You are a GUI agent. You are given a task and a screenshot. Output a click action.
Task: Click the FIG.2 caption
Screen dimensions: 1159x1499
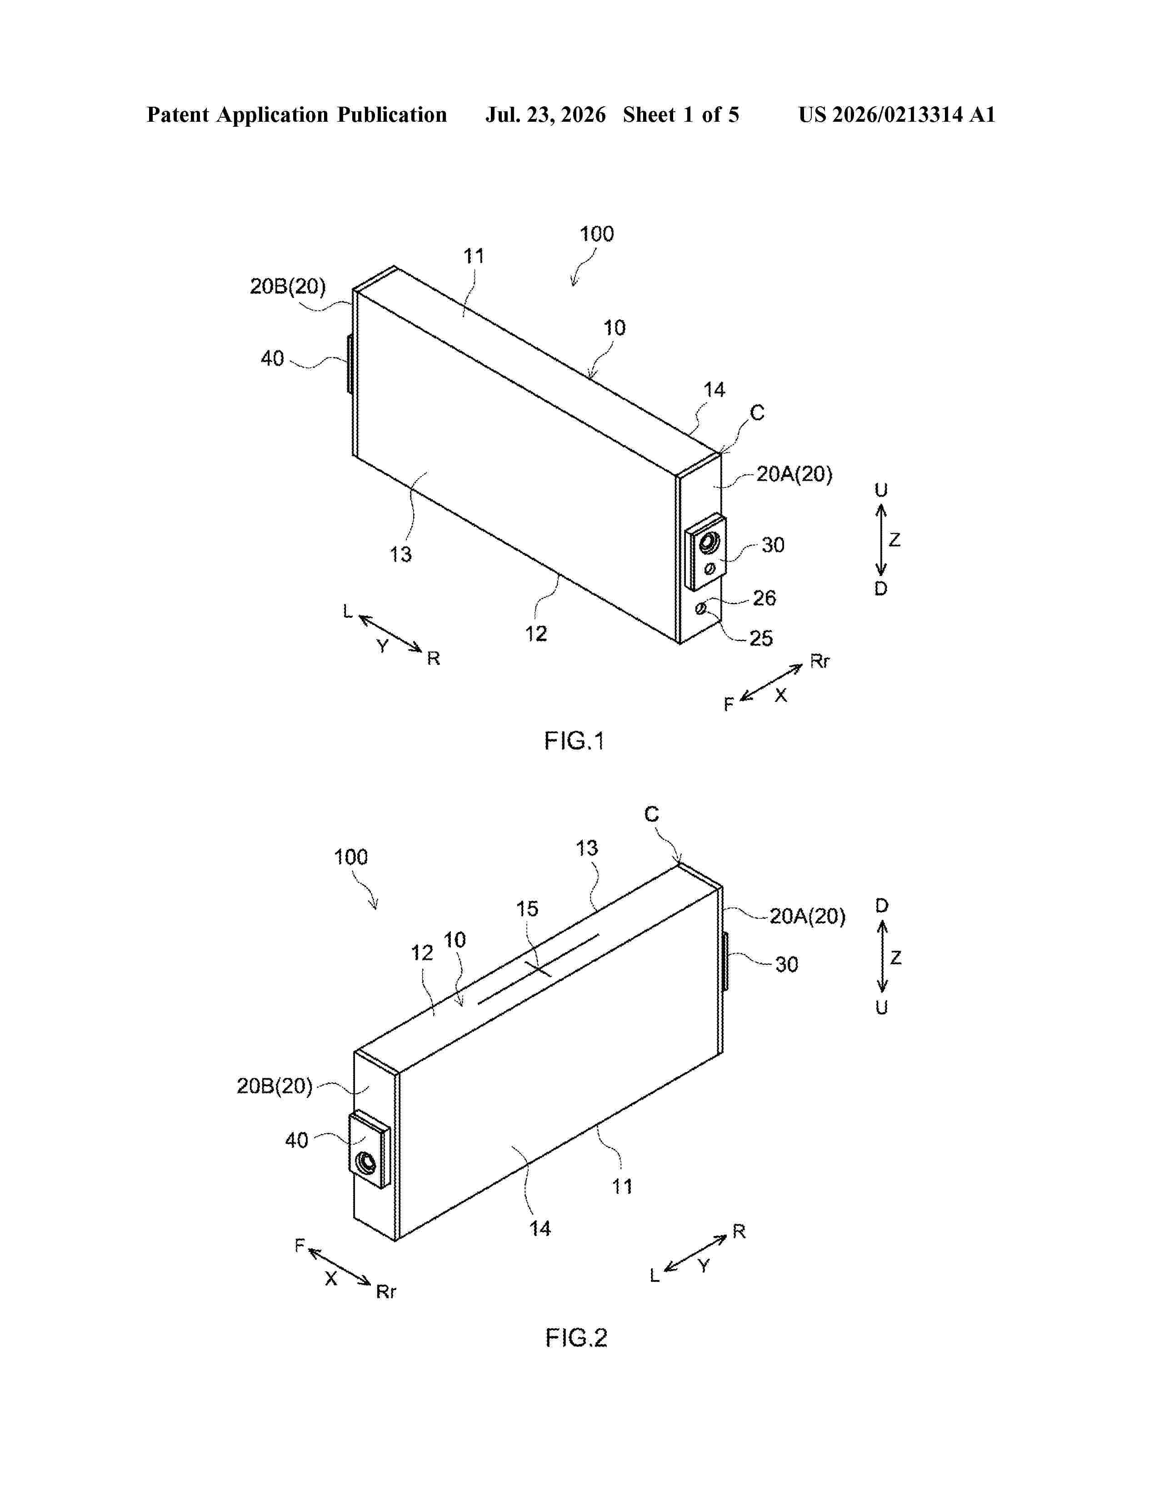(x=576, y=1338)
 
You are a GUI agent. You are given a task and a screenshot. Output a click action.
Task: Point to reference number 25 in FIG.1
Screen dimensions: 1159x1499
(x=761, y=638)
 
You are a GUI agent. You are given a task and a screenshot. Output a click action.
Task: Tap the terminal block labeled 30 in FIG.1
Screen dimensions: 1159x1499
(x=706, y=552)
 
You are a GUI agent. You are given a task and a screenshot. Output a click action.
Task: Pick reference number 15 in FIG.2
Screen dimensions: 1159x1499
(x=527, y=909)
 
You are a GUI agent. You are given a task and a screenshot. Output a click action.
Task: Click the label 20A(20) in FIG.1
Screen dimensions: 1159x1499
(x=794, y=474)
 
